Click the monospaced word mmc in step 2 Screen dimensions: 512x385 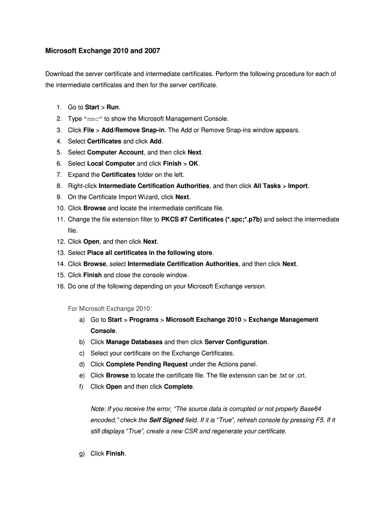[94, 119]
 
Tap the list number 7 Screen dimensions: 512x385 [58, 174]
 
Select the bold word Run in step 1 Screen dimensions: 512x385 [112, 107]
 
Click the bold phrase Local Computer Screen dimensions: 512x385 [111, 163]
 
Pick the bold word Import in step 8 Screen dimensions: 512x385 [298, 186]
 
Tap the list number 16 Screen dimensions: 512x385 [60, 286]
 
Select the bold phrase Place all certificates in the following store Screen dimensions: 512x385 [149, 253]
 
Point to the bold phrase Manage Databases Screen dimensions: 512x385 [134, 342]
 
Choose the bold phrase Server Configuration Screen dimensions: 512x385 [236, 342]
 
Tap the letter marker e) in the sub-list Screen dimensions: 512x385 [81, 375]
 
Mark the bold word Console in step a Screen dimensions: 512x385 [103, 331]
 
